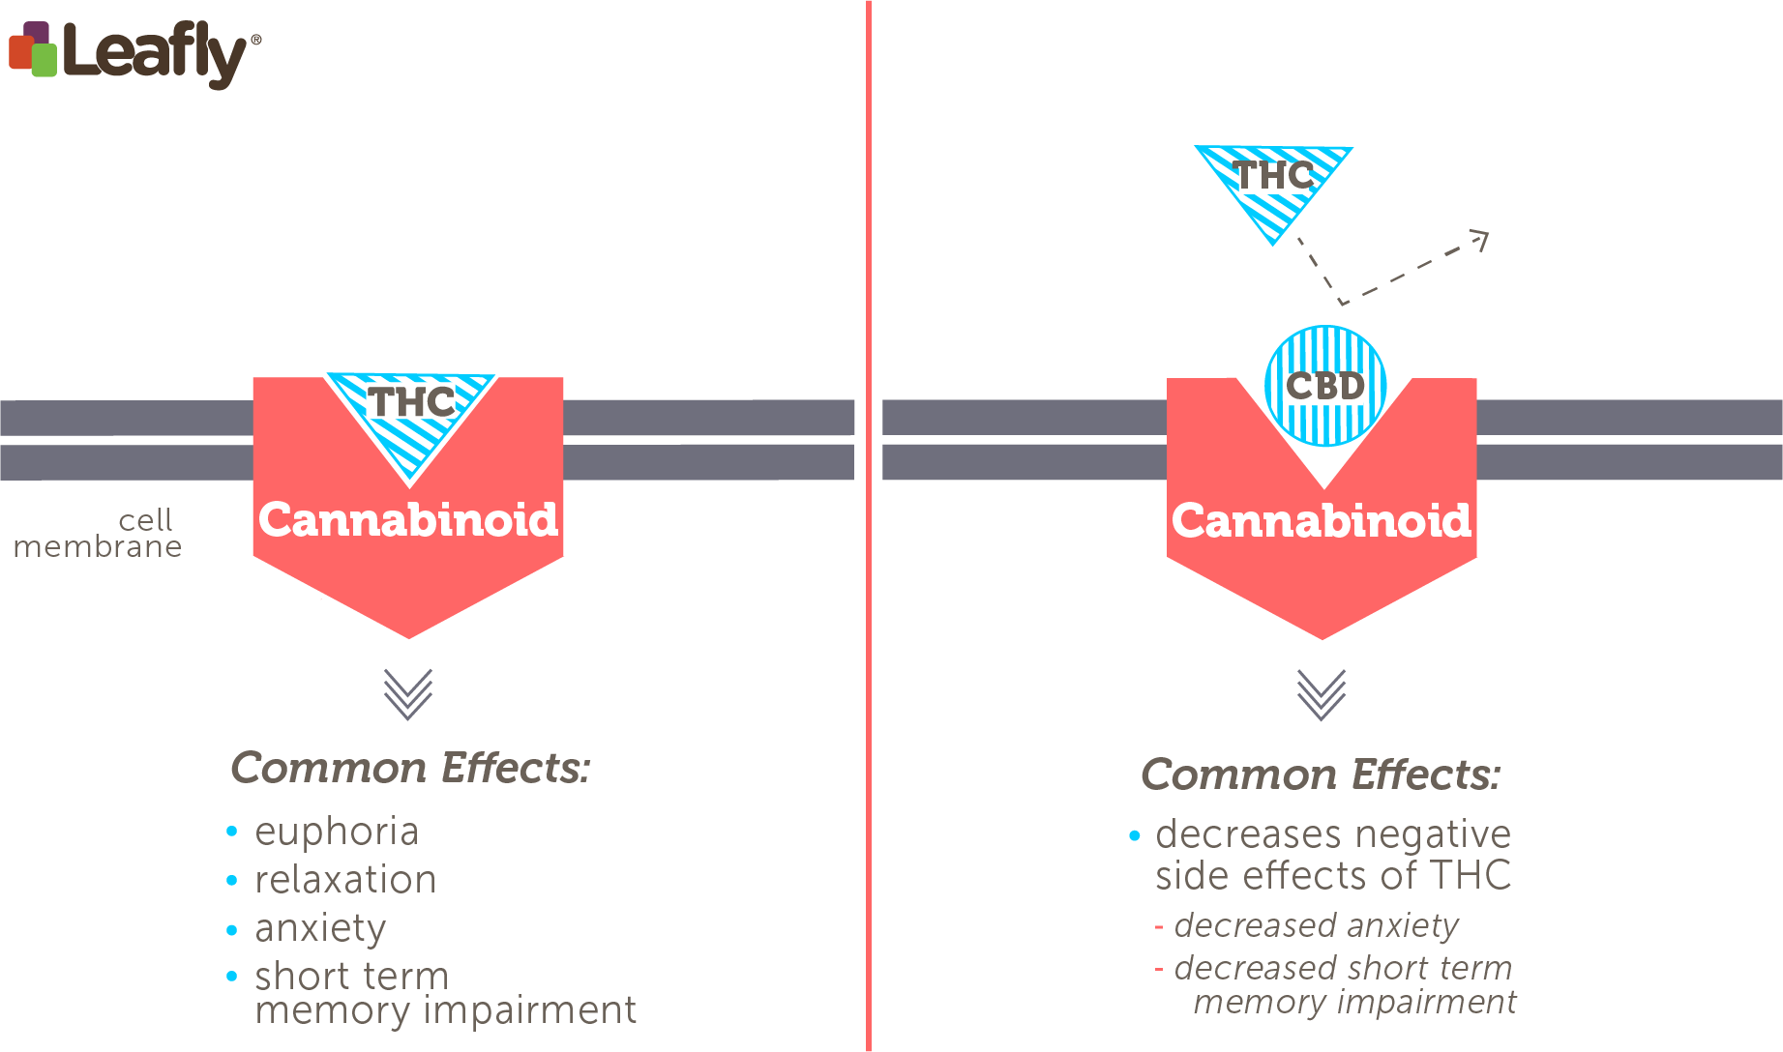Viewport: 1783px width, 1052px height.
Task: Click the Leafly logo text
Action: (x=155, y=53)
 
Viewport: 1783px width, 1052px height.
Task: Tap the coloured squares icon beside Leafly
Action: (x=33, y=50)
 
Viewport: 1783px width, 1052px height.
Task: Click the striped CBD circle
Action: (x=1325, y=386)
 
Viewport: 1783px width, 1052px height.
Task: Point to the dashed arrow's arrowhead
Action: (x=1480, y=237)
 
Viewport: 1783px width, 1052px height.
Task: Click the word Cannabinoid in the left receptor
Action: (x=408, y=520)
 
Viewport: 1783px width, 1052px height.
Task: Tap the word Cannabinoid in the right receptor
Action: (x=1322, y=521)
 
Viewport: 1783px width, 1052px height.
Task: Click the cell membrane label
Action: (x=97, y=534)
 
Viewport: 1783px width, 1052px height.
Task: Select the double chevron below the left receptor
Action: (x=407, y=694)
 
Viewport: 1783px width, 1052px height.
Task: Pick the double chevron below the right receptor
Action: (x=1322, y=694)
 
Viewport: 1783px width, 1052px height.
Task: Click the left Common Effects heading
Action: (x=410, y=768)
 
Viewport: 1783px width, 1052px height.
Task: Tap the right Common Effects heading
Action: (x=1322, y=774)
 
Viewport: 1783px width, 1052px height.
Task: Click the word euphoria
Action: (x=337, y=833)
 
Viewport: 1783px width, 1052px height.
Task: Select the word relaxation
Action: (x=345, y=880)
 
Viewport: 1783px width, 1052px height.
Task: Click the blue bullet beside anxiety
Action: (x=231, y=930)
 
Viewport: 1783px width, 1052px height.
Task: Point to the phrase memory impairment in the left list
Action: (x=445, y=1010)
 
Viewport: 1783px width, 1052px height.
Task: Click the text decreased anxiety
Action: (x=1316, y=926)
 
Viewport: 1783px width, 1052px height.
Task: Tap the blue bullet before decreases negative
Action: (x=1134, y=835)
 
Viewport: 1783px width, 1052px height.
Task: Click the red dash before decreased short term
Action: (x=1158, y=969)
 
